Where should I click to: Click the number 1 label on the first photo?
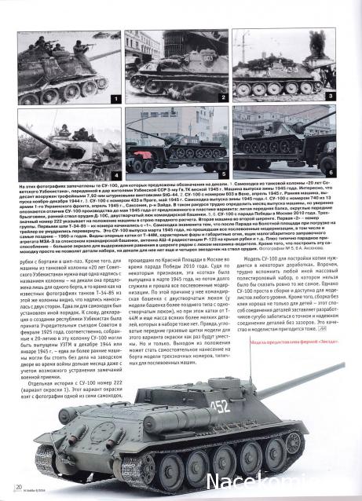pyautogui.click(x=115, y=100)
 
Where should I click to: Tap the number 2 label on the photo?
pyautogui.click(x=223, y=100)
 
